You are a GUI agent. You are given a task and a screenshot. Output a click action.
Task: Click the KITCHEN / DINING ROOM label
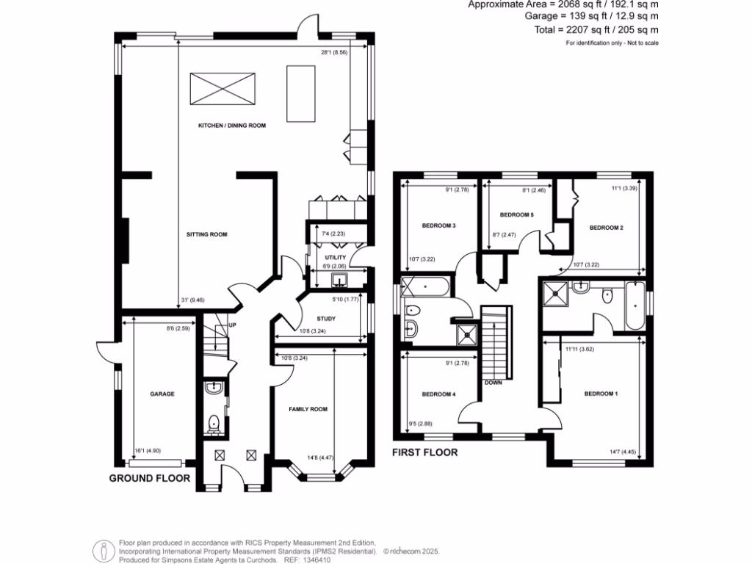click(231, 126)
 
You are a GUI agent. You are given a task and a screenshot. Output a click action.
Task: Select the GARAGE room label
click(162, 394)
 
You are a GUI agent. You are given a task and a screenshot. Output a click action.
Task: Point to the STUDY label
click(326, 319)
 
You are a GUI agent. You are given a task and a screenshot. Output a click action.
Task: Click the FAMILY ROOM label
click(308, 409)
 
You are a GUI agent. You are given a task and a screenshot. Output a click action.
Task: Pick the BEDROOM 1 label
click(601, 394)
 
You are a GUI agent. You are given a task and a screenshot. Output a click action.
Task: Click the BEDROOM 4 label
click(438, 394)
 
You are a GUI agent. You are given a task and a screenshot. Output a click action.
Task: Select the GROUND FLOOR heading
click(150, 478)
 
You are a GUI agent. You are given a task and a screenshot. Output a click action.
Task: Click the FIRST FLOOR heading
click(424, 452)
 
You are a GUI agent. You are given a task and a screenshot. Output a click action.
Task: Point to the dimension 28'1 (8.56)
click(334, 54)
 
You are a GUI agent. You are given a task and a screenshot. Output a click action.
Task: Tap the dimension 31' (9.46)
click(191, 300)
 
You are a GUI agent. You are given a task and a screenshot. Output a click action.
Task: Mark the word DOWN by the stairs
click(493, 383)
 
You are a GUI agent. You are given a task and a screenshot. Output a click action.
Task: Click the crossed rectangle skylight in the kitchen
click(224, 90)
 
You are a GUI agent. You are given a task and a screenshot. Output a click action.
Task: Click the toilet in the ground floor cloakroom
click(214, 423)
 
